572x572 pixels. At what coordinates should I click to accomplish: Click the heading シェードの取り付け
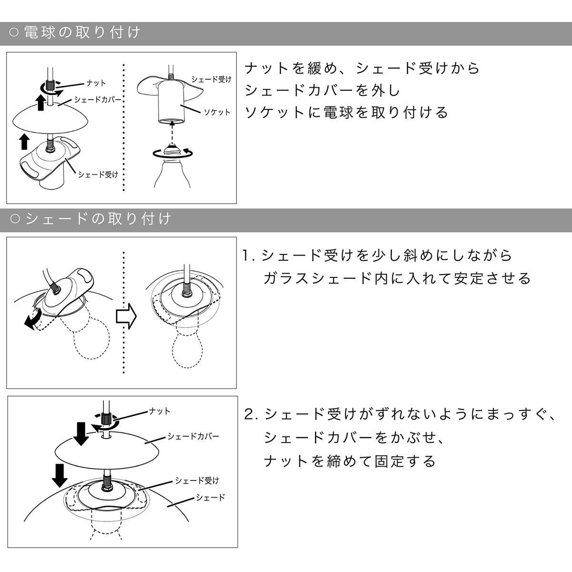click(x=97, y=219)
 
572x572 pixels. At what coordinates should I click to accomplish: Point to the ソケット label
click(x=217, y=112)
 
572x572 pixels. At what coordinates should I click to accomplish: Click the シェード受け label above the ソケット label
click(x=211, y=79)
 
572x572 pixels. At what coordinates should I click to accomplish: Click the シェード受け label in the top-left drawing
click(x=98, y=174)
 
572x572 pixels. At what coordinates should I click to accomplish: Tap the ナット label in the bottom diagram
click(x=160, y=410)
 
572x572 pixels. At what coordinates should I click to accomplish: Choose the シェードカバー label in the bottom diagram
click(x=193, y=437)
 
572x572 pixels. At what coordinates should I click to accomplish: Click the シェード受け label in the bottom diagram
click(x=197, y=480)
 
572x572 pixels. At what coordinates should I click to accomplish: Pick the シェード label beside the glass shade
click(x=210, y=498)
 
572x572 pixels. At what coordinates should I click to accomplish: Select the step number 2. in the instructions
click(x=251, y=414)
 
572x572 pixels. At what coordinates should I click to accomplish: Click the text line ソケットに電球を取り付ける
click(x=347, y=112)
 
